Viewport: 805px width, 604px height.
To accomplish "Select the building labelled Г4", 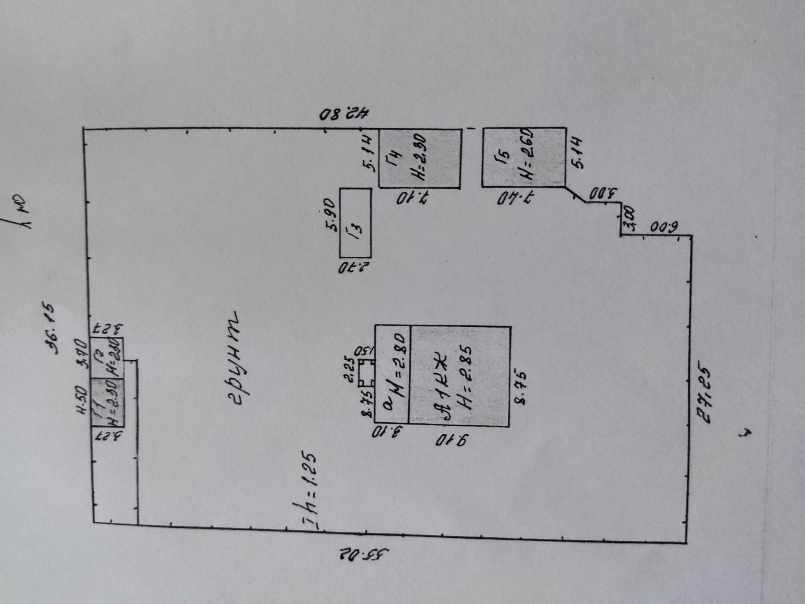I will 419,158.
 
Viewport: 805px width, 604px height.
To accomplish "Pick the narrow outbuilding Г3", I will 355,223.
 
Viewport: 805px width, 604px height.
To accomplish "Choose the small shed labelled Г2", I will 107,358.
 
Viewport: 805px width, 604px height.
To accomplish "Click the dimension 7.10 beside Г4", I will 413,198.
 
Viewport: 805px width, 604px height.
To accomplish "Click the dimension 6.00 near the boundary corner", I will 664,228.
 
